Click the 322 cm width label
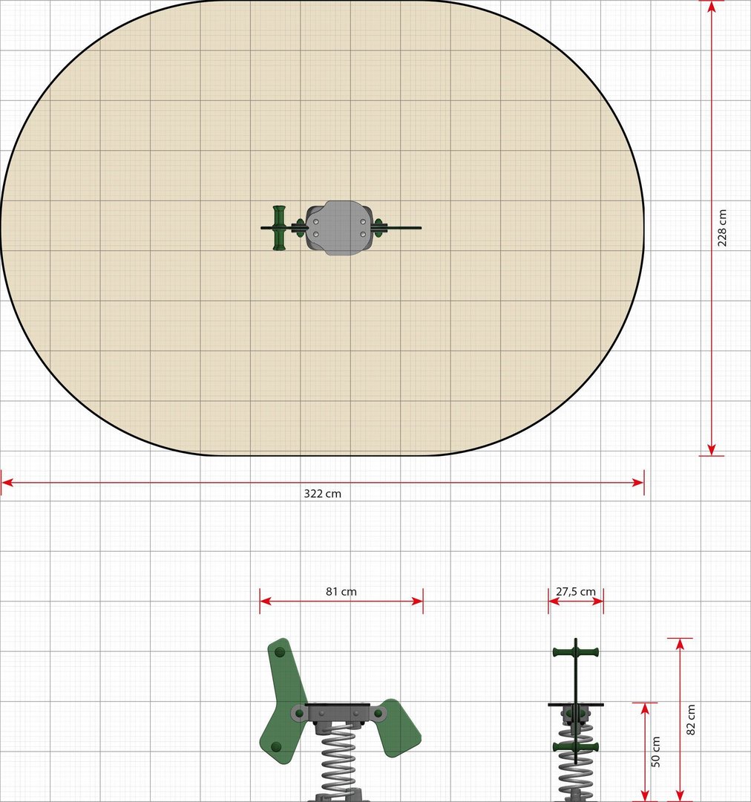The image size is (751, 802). pyautogui.click(x=322, y=494)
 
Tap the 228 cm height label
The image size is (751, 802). pyautogui.click(x=722, y=228)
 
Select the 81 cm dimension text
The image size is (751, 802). pyautogui.click(x=341, y=591)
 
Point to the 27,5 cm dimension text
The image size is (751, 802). pyautogui.click(x=576, y=591)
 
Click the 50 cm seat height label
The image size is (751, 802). pyautogui.click(x=655, y=752)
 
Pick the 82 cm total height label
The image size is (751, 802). pyautogui.click(x=690, y=720)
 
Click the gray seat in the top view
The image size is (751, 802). pyautogui.click(x=338, y=228)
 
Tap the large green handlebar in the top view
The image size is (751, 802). pyautogui.click(x=278, y=228)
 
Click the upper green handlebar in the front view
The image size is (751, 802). pyautogui.click(x=576, y=652)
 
